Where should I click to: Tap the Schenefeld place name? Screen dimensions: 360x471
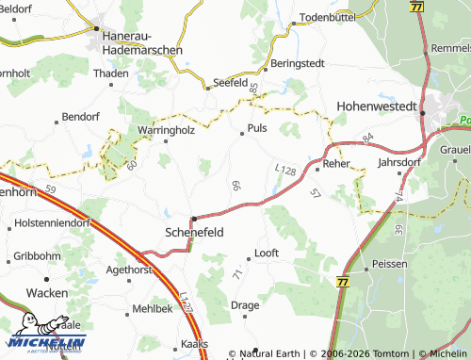[194, 231]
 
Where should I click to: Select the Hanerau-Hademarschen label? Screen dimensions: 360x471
[140, 42]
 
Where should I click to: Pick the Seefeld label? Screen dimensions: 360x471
[229, 82]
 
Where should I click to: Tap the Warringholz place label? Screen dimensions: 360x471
[166, 130]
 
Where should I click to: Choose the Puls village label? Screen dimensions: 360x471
[257, 127]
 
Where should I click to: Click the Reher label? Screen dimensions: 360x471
[336, 163]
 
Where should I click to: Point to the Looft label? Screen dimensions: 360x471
[267, 254]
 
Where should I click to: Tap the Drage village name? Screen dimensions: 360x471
[245, 305]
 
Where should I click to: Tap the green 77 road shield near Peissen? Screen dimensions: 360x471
[340, 282]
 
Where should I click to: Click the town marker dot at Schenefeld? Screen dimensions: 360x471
[193, 218]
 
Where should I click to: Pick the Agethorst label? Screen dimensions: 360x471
[129, 269]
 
